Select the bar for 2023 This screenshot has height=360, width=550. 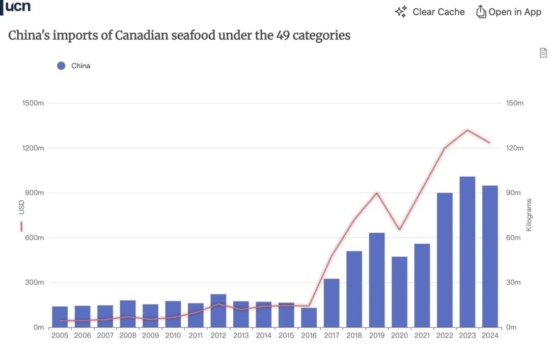pyautogui.click(x=467, y=252)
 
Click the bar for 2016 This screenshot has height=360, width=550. pyautogui.click(x=309, y=317)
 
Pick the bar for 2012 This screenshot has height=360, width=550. pyautogui.click(x=218, y=311)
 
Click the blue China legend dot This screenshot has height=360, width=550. pyautogui.click(x=61, y=66)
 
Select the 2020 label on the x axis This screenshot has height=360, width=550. pyautogui.click(x=399, y=336)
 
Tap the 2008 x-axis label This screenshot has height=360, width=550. pyautogui.click(x=128, y=336)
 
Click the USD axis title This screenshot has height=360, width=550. pyautogui.click(x=21, y=207)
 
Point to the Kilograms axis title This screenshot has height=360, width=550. pyautogui.click(x=529, y=215)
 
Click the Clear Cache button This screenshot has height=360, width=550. pyautogui.click(x=430, y=12)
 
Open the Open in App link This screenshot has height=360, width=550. pyautogui.click(x=509, y=12)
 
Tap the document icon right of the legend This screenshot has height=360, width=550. pyautogui.click(x=543, y=52)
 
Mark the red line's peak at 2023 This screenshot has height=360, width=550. pyautogui.click(x=467, y=130)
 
